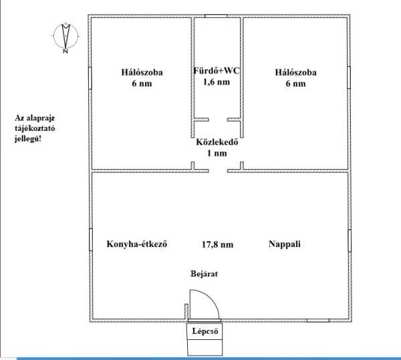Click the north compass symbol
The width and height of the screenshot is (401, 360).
pos(65,36)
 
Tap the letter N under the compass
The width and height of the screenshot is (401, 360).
pos(65,51)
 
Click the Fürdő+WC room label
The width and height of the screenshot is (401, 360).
pos(217,71)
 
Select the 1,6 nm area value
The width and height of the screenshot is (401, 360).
pos(217,82)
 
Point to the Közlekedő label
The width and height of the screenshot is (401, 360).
pos(217,142)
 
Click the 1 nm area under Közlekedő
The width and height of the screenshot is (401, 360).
pos(217,153)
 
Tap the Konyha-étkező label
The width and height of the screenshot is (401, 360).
pos(137,244)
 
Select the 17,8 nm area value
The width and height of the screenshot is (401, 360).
pos(217,244)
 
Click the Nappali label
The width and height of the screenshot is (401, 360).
pos(285,244)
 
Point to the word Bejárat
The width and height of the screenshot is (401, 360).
pos(204,274)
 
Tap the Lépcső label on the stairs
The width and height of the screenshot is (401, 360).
pos(205,331)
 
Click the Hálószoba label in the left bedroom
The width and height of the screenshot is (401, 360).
pos(142,72)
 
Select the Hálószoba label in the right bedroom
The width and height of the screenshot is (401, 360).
pos(295,72)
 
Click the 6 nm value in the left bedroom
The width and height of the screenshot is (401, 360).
pos(142,83)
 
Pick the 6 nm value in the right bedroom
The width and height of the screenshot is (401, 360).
pos(295,83)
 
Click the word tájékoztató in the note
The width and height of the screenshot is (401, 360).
pos(35,128)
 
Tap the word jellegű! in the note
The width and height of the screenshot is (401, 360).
pos(28,139)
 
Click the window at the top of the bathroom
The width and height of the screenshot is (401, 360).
pos(216,16)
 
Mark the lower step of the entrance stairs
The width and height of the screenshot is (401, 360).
pos(205,347)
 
